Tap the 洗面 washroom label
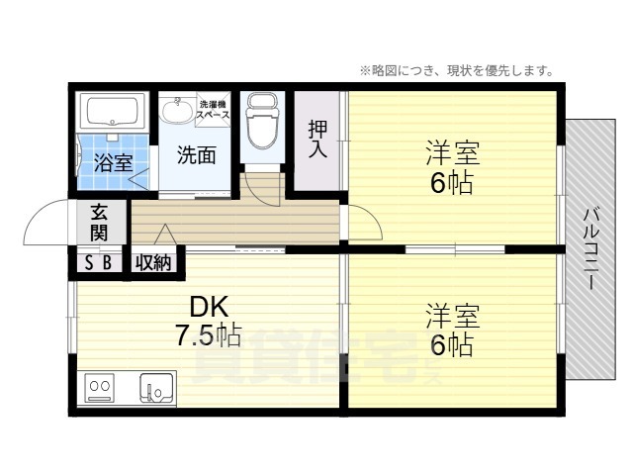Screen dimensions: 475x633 point(196,154)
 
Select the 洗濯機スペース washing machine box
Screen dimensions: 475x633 point(214,109)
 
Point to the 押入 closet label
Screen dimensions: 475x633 point(317,139)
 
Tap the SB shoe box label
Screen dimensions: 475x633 point(97,262)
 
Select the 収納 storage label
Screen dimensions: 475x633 point(153,262)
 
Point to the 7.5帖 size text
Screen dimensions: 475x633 point(209,336)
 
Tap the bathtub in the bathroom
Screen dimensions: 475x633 point(113,112)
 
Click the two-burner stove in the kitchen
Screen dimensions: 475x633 point(100,387)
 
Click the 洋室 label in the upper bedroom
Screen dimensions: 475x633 point(453,153)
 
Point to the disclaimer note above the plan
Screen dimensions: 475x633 point(456,70)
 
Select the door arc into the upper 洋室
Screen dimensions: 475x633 point(363,224)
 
